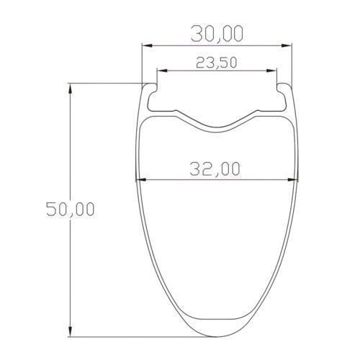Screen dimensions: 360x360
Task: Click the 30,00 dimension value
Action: (217, 33)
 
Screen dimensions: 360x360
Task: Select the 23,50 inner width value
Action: (217, 63)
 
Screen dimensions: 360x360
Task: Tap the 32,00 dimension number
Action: (215, 168)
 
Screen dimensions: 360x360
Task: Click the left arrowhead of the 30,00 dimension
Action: (145, 46)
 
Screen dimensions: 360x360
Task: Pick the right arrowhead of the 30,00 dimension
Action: (290, 46)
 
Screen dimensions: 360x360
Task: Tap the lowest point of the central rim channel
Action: (217, 130)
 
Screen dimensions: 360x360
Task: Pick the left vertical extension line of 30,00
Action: (141, 61)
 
